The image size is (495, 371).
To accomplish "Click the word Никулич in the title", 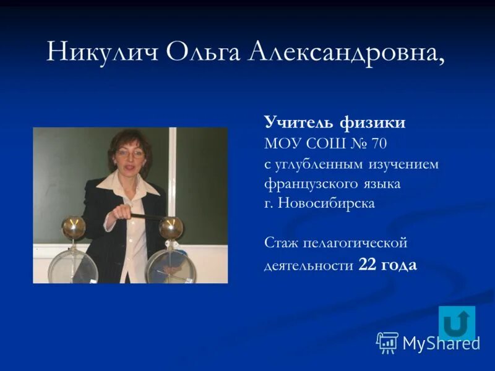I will coord(101,53).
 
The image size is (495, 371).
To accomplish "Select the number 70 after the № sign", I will coord(379,144).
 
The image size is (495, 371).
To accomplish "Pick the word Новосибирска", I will coord(327,203).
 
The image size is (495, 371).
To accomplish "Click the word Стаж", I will coord(280,243).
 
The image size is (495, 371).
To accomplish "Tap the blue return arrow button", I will coord(457,323).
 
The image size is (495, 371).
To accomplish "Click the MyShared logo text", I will coord(441,344).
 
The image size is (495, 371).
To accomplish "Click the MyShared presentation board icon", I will coord(387,342).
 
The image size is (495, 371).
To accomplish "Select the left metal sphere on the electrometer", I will coord(72,227).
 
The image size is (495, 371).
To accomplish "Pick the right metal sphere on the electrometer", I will coord(171,228).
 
